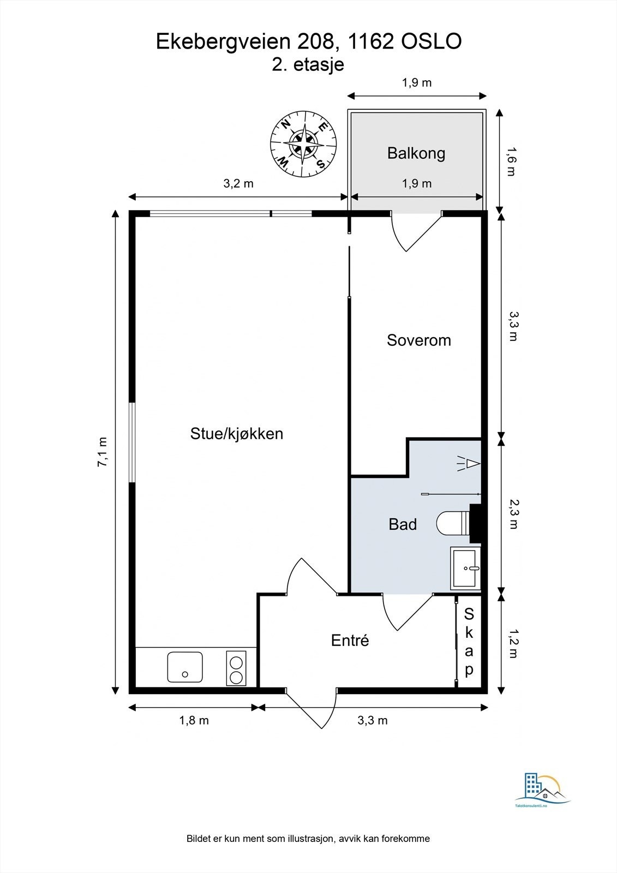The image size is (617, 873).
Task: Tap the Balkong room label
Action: coord(416,153)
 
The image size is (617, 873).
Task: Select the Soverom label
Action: coord(419,340)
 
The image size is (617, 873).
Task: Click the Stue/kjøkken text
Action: coord(236,434)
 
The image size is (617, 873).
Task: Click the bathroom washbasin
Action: coord(465,569)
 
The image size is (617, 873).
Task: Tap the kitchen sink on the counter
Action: coord(185,667)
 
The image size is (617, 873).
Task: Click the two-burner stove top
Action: coord(236,668)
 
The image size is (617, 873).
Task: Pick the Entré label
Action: coord(350,641)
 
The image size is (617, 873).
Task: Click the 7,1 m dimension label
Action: coord(102,452)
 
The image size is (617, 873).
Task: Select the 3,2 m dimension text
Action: coord(238,184)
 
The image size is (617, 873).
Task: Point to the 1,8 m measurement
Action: coord(194,721)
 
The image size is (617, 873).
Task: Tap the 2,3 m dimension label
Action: coord(512,515)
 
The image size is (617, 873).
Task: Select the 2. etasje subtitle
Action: coord(308,65)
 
